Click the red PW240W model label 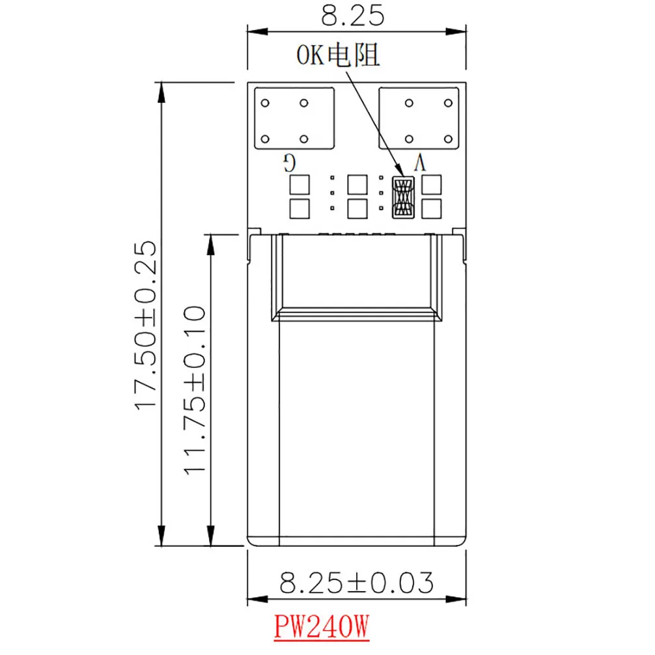pyautogui.click(x=322, y=626)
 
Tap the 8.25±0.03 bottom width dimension pyautogui.click(x=356, y=583)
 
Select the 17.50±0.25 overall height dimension pyautogui.click(x=146, y=326)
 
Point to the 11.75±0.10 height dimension pyautogui.click(x=195, y=390)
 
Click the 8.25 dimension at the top pyautogui.click(x=352, y=16)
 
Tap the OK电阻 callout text pyautogui.click(x=338, y=55)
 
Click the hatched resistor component pyautogui.click(x=403, y=197)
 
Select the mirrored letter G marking pyautogui.click(x=290, y=163)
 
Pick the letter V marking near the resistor pyautogui.click(x=420, y=163)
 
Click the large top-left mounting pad pyautogui.click(x=294, y=118)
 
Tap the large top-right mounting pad pyautogui.click(x=419, y=118)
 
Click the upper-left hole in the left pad pyautogui.click(x=265, y=103)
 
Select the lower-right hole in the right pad pyautogui.click(x=448, y=139)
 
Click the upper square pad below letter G pyautogui.click(x=300, y=185)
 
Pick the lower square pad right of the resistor pyautogui.click(x=432, y=208)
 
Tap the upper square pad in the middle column pyautogui.click(x=357, y=185)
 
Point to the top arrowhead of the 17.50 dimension pyautogui.click(x=161, y=92)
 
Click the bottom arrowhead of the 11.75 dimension pyautogui.click(x=211, y=536)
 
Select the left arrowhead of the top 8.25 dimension pyautogui.click(x=257, y=32)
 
